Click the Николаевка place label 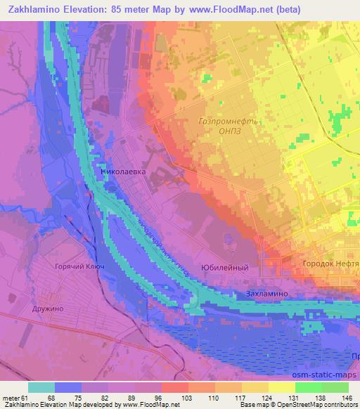124,169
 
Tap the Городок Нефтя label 330,263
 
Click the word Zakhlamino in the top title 35,8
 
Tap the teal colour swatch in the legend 41,387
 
